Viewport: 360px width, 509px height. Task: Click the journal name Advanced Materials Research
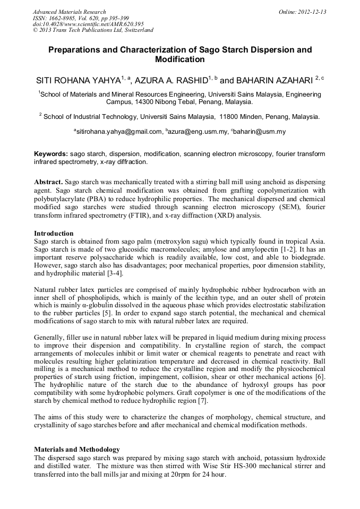click(x=69, y=12)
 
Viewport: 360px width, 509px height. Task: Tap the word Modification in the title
click(x=179, y=59)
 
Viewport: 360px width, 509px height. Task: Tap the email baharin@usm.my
click(x=262, y=132)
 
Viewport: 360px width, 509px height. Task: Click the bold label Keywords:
click(x=51, y=154)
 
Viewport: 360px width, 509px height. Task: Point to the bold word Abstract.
click(x=48, y=182)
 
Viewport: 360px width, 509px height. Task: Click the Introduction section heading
click(x=54, y=234)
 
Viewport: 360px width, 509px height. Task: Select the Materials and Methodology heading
click(x=76, y=450)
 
